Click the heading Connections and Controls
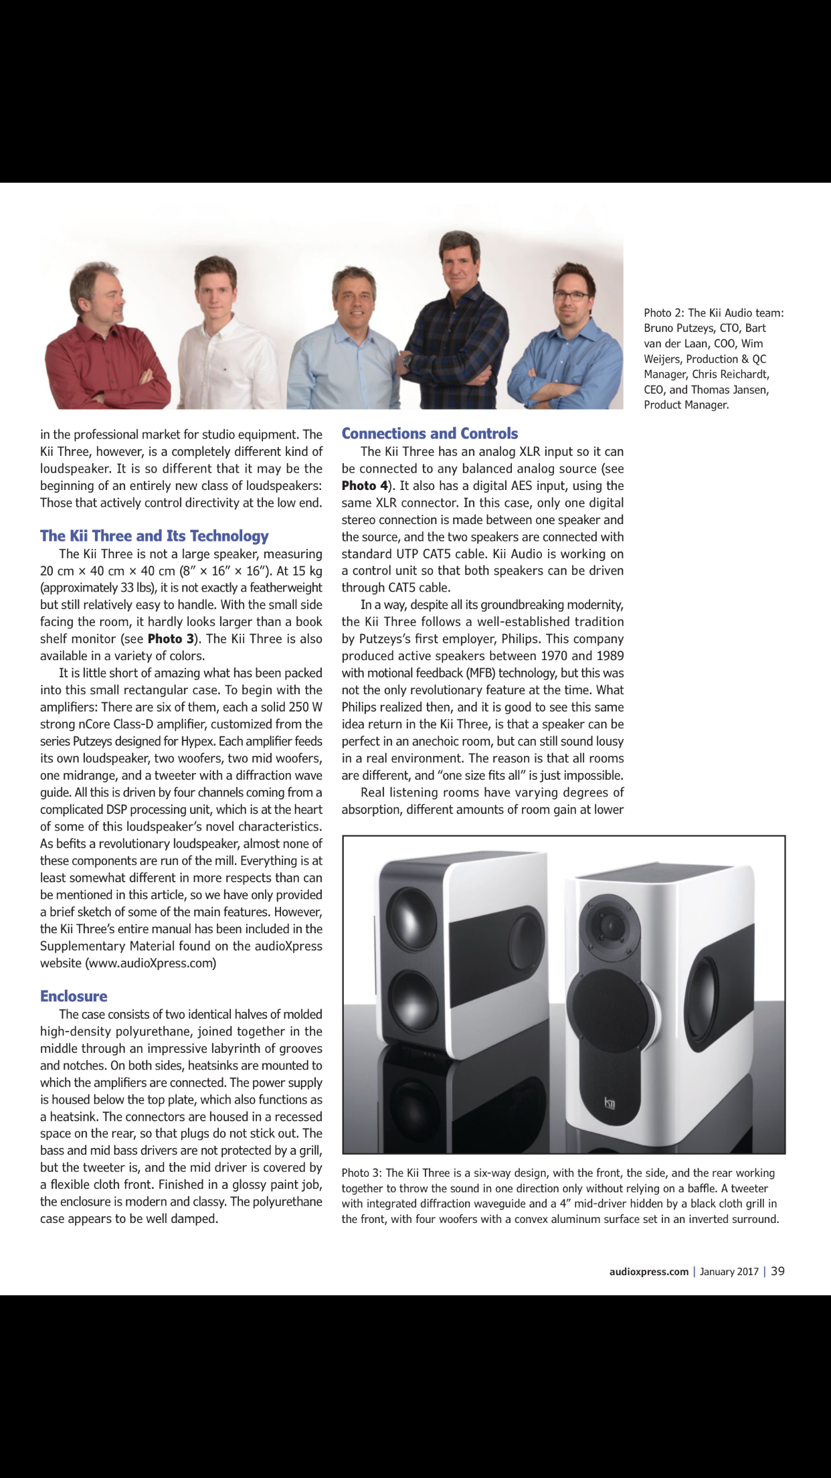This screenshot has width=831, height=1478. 430,434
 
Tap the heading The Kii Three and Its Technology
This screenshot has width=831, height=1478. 154,536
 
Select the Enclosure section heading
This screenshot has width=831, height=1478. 74,996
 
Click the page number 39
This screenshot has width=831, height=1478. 777,1271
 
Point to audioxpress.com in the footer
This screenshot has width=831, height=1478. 648,1272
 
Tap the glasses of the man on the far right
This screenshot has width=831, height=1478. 571,295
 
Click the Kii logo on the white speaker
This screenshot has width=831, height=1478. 610,1102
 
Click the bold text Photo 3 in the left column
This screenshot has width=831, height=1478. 171,639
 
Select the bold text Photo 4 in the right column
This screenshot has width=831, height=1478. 365,485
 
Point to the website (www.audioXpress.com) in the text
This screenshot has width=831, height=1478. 151,963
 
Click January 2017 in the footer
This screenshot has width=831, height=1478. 729,1272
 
